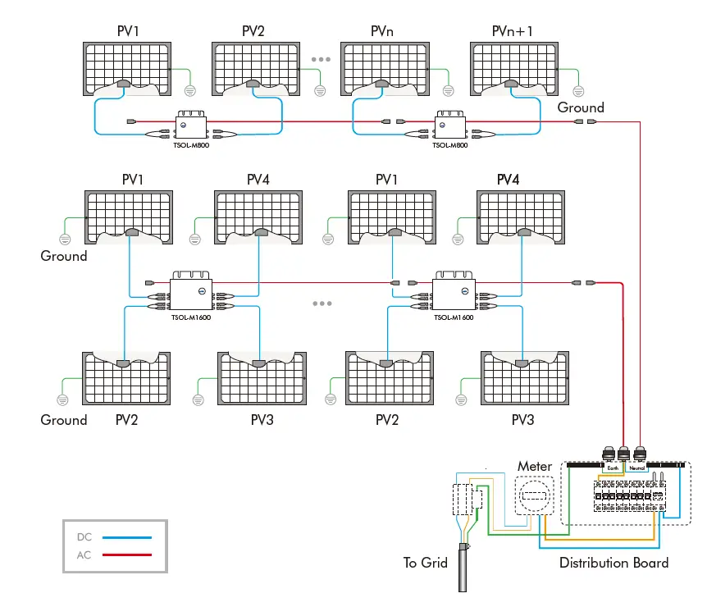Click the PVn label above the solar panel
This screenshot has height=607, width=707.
pyautogui.click(x=382, y=31)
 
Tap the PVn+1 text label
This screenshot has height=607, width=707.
pyautogui.click(x=512, y=31)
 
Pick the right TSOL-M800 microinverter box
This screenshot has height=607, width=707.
pyautogui.click(x=450, y=125)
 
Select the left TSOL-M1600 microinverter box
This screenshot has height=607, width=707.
pyautogui.click(x=191, y=293)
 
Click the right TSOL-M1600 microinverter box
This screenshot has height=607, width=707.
pyautogui.click(x=454, y=293)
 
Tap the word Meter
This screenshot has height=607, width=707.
pyautogui.click(x=534, y=467)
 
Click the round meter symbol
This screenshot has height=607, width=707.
pyautogui.click(x=535, y=495)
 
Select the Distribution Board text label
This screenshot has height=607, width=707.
pyautogui.click(x=613, y=563)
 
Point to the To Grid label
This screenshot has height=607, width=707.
pyautogui.click(x=426, y=563)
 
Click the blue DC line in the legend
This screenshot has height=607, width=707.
pyautogui.click(x=127, y=537)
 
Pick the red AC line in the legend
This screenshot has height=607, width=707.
pyautogui.click(x=127, y=555)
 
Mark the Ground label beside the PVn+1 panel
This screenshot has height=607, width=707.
pyautogui.click(x=581, y=107)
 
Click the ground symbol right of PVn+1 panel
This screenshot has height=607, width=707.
pyautogui.click(x=577, y=89)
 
